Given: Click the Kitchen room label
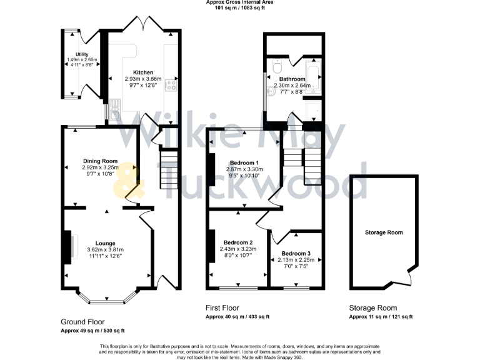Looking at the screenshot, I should pos(143,72).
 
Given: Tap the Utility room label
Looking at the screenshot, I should pos(81,54).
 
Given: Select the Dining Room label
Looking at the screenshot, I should pos(100,161).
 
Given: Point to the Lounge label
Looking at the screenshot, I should pos(105,243).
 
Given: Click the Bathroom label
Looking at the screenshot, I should pos(292,79).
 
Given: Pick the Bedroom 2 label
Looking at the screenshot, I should pos(238,242).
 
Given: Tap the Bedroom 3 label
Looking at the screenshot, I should pos(296,253).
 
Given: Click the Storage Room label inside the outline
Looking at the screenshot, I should pos(384,232).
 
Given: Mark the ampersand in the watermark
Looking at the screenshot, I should pos(129,177).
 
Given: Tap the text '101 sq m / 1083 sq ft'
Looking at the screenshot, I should pos(239,8).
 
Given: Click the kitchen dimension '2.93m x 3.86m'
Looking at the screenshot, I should pos(143,79).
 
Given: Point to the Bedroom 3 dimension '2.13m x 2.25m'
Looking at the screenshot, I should pos(296,260).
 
